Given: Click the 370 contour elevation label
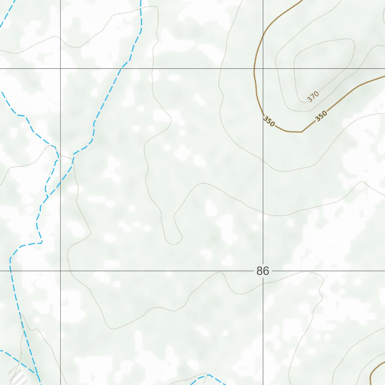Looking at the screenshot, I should pyautogui.click(x=313, y=97).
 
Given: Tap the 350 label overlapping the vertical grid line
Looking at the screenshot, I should pyautogui.click(x=269, y=121).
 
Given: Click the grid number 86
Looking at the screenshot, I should pyautogui.click(x=262, y=271).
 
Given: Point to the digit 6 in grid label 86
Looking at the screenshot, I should pyautogui.click(x=266, y=271).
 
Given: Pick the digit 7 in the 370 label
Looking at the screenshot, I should pyautogui.click(x=313, y=97).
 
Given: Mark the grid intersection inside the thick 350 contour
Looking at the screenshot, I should pyautogui.click(x=263, y=68).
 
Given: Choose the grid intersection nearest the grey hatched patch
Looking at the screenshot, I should pyautogui.click(x=61, y=271).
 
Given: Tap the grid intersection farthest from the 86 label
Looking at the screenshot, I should pyautogui.click(x=61, y=68).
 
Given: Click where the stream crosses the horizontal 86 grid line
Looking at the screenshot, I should pyautogui.click(x=10, y=271).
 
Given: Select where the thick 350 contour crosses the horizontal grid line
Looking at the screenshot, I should pyautogui.click(x=255, y=68).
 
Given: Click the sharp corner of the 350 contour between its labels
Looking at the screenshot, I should pyautogui.click(x=302, y=132).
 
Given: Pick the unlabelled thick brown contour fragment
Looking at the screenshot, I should pyautogui.click(x=376, y=370).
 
